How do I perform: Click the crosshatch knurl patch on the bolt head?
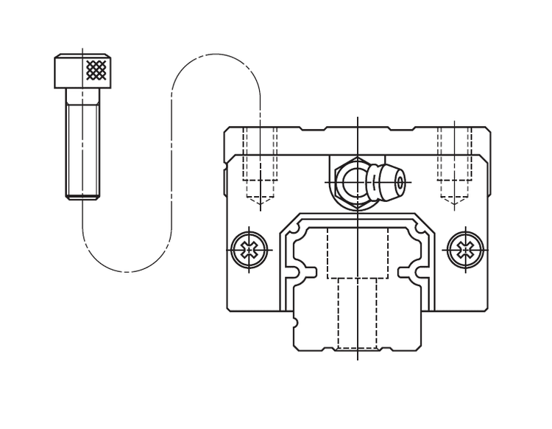[96, 70]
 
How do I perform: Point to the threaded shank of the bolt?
[82, 147]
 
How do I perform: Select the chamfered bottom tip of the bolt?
[82, 196]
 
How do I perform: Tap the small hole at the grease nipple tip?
[400, 181]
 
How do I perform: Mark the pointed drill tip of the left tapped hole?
[260, 198]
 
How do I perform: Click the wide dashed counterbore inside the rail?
[358, 253]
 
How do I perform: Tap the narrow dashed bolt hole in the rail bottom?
[358, 313]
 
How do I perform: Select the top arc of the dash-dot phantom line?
[216, 55]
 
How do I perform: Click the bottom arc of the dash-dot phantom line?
[127, 271]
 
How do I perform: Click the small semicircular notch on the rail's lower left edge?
[295, 322]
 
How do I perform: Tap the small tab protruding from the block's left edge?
[225, 181]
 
